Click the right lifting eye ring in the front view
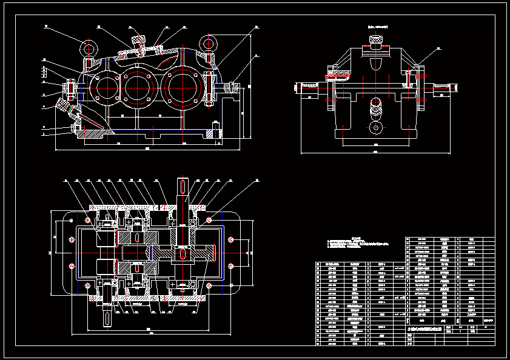click(210, 43)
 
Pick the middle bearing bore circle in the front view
click(139, 86)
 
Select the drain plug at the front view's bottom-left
click(75, 127)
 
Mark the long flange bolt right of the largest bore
click(210, 88)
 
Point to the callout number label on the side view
click(439, 48)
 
